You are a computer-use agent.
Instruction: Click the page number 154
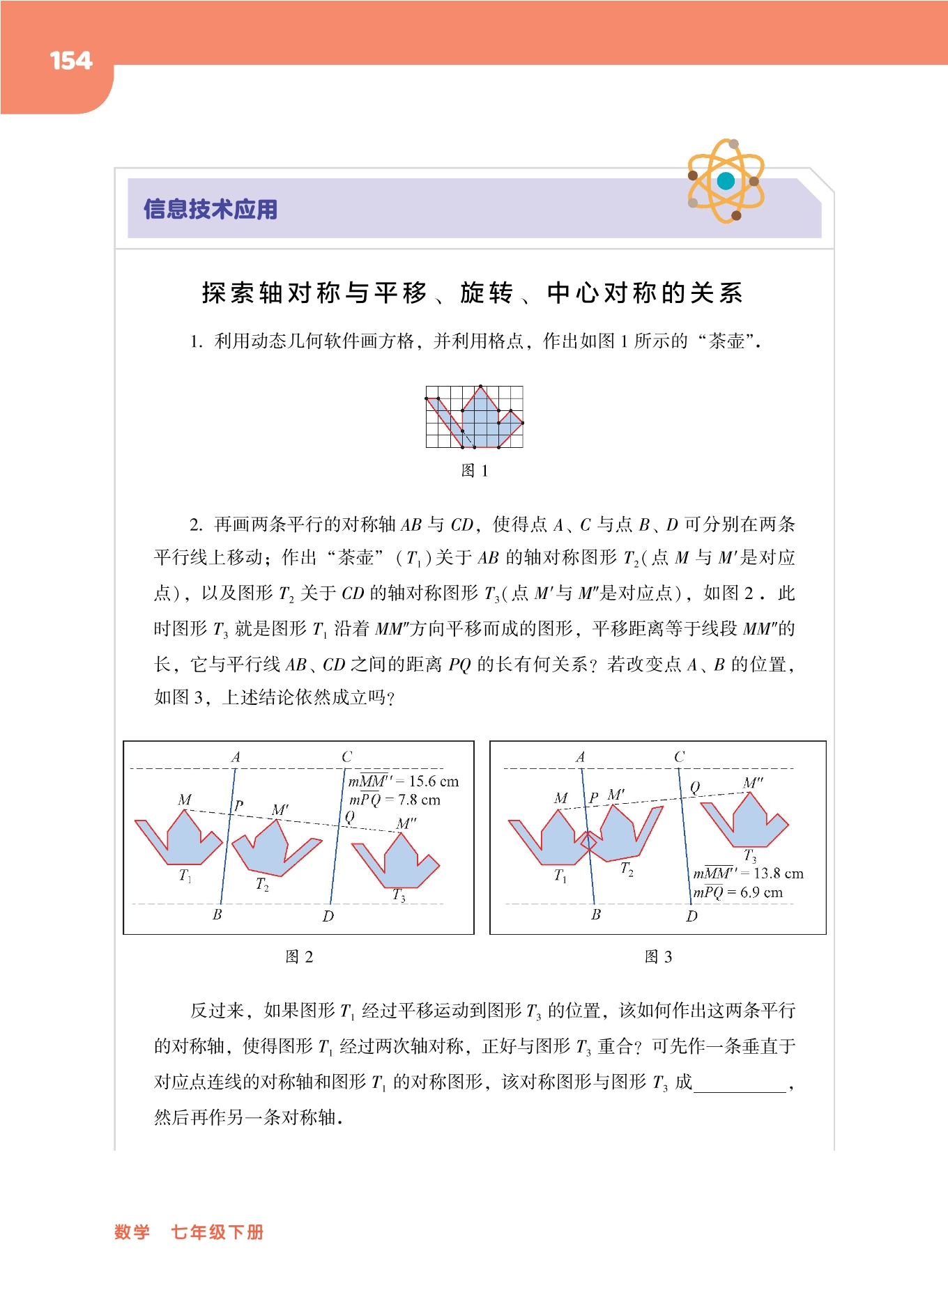71,61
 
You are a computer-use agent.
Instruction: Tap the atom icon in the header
726,181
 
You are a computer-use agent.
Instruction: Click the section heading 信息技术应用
211,209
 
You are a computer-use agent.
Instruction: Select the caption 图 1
475,471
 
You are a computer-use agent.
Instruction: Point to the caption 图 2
299,956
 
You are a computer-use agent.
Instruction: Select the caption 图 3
658,956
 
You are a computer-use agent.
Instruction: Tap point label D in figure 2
328,916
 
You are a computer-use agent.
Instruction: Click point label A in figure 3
581,757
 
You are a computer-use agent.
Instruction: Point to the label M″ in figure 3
754,783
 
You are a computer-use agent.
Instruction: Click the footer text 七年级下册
217,1232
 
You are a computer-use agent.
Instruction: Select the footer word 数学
132,1232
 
